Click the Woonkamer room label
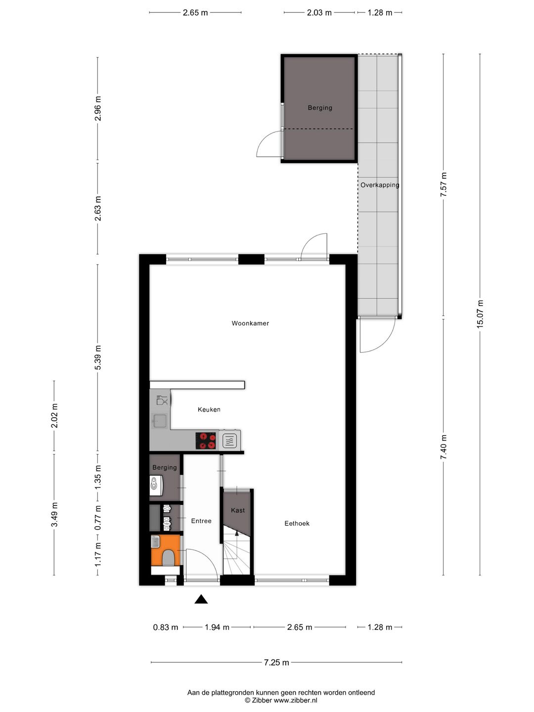pyautogui.click(x=250, y=323)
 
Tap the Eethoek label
pyautogui.click(x=297, y=523)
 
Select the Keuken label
pyautogui.click(x=209, y=409)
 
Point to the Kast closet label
pyautogui.click(x=238, y=510)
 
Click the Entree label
pyautogui.click(x=201, y=521)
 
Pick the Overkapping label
pyautogui.click(x=380, y=185)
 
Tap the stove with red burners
pyautogui.click(x=206, y=441)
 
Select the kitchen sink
pyautogui.click(x=160, y=421)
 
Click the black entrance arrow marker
pyautogui.click(x=201, y=599)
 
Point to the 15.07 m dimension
pyautogui.click(x=480, y=313)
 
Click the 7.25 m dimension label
pyautogui.click(x=276, y=663)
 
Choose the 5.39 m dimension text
pyautogui.click(x=97, y=357)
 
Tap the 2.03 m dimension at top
pyautogui.click(x=319, y=13)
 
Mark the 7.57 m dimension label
pyautogui.click(x=444, y=185)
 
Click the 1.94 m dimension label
pyautogui.click(x=217, y=627)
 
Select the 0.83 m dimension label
pyautogui.click(x=166, y=627)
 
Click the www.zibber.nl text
pyautogui.click(x=295, y=700)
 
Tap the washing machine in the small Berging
pyautogui.click(x=156, y=484)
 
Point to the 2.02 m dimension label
pyautogui.click(x=54, y=416)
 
